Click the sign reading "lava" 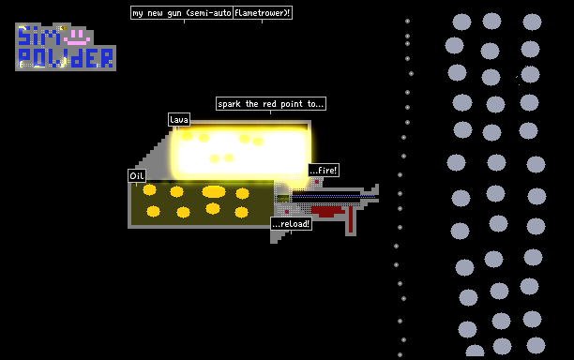click(179, 120)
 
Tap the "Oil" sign click(137, 175)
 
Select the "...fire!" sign click(324, 170)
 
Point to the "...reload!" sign click(291, 223)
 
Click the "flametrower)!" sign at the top click(263, 13)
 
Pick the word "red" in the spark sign click(269, 104)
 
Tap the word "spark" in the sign click(229, 104)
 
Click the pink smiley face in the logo click(77, 37)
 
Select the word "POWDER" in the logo click(66, 58)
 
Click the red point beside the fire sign click(317, 182)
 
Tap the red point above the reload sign click(287, 212)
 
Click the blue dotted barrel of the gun click(334, 197)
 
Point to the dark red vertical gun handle click(351, 219)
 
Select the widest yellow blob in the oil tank click(214, 191)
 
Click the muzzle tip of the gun click(377, 193)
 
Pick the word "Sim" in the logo click(39, 36)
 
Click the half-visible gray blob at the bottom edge click(475, 352)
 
